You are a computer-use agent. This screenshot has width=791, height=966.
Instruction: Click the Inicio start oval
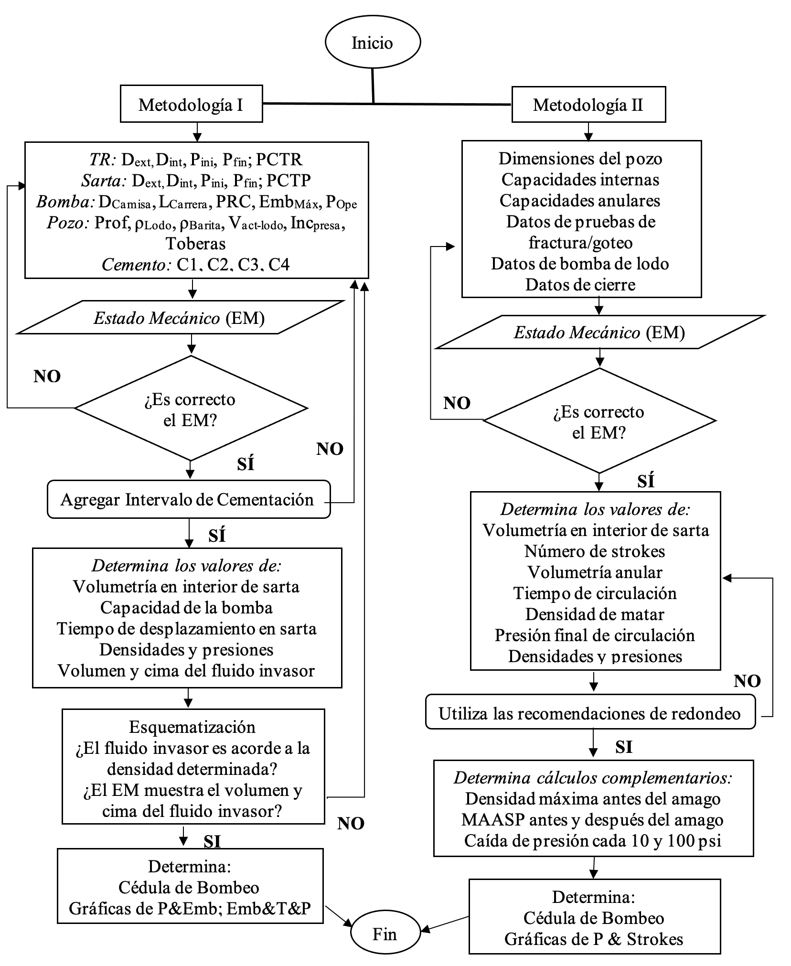coord(373,43)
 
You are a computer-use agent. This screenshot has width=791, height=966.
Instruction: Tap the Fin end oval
coord(385,934)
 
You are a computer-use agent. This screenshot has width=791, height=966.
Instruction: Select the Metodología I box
coord(191,104)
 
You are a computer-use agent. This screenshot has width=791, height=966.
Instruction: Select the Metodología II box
coord(588,105)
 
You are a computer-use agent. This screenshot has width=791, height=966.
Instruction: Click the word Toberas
coord(196,244)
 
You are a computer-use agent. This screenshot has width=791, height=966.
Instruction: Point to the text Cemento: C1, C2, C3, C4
coord(196,265)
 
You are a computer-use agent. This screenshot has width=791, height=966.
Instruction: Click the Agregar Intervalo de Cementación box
coord(188,500)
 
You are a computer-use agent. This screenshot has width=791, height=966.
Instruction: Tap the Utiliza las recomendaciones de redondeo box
coord(590,714)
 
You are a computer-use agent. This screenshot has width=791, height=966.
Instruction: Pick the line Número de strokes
coord(595,551)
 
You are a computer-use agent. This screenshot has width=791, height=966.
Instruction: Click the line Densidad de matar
coord(595,614)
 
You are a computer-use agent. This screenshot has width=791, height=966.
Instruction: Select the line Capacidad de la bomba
coord(186,608)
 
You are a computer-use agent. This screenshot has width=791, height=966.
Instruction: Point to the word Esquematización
coord(192,727)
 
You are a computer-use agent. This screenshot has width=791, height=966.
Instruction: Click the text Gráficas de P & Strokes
coord(594,939)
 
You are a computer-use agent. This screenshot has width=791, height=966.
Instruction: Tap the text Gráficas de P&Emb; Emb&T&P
coord(190,908)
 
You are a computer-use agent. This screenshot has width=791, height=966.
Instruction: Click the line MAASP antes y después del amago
coord(592,820)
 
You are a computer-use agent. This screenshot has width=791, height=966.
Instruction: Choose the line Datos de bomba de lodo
coord(580,264)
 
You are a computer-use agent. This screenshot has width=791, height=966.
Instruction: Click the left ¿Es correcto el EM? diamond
coord(191,409)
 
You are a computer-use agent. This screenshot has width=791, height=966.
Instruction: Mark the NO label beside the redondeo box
coord(747,681)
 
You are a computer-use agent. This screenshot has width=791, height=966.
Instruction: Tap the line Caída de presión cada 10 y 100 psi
coord(592,841)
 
